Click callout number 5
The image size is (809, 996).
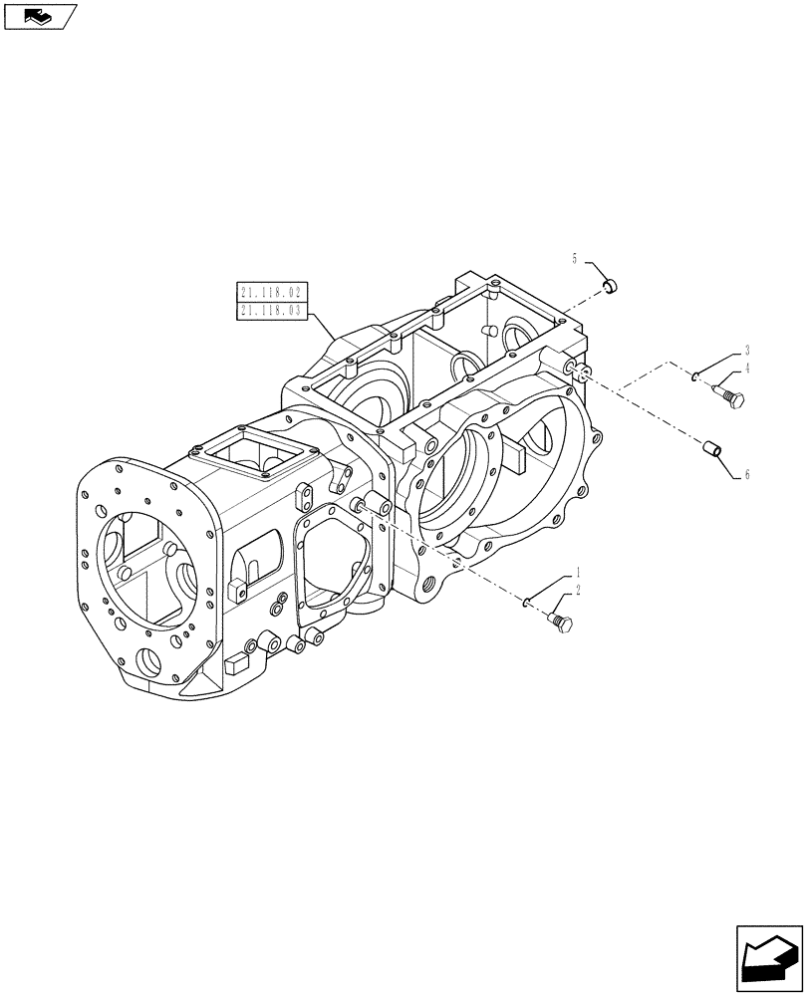575,260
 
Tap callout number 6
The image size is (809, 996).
746,474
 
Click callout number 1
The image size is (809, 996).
576,575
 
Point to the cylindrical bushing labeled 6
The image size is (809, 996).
713,449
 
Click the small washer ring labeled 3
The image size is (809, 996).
696,376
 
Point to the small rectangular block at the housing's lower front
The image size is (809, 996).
237,660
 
